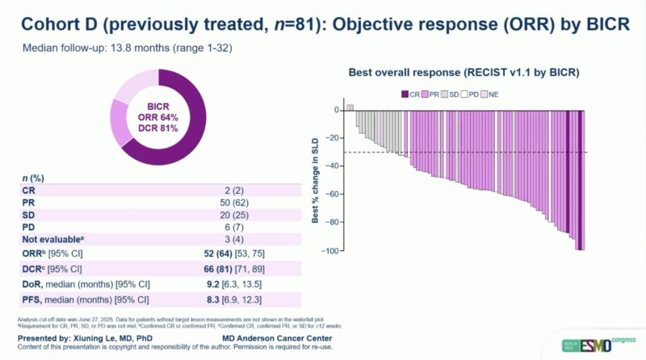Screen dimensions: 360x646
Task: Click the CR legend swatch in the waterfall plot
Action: tap(405, 94)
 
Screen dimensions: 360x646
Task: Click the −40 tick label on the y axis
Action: tap(330, 166)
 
